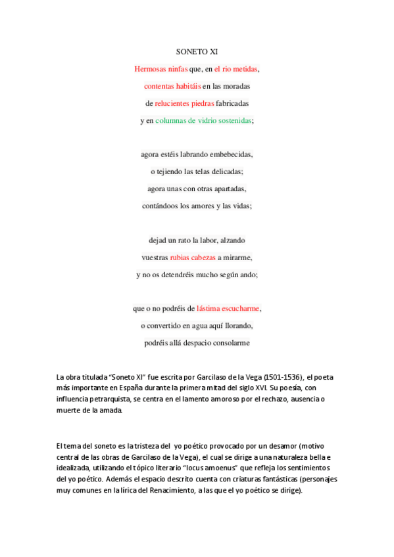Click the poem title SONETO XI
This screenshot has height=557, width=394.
197,51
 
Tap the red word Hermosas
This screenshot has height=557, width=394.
149,68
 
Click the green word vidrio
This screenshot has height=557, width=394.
209,120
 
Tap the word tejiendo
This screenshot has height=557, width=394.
170,171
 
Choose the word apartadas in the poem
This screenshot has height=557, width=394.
226,189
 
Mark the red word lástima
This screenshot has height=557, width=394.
210,308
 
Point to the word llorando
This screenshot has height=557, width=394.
237,325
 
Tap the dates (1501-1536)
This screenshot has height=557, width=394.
283,377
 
